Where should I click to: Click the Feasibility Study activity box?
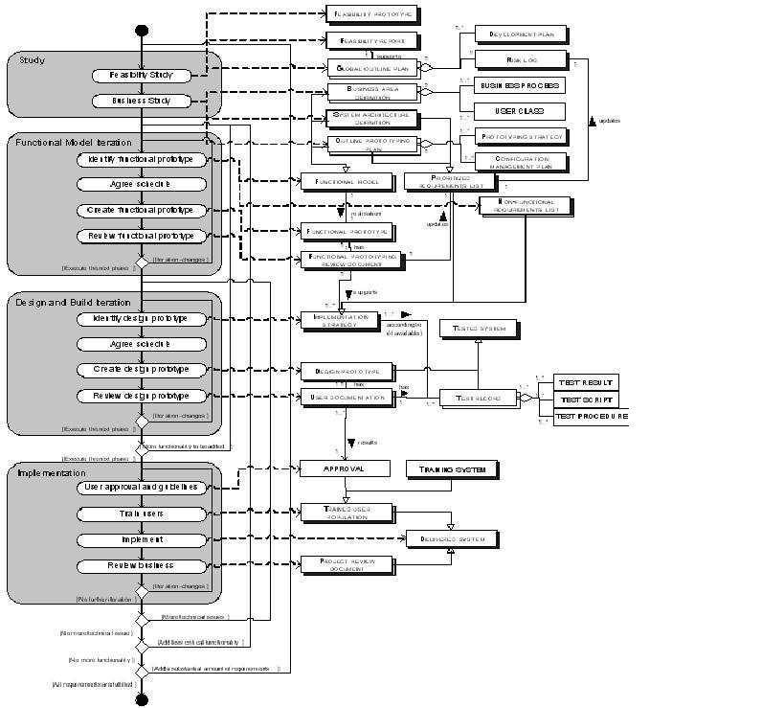[141, 75]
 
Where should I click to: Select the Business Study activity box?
[141, 101]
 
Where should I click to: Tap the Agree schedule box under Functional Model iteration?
[141, 184]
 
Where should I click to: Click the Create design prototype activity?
[141, 370]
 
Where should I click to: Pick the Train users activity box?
[141, 514]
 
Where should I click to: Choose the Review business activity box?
[141, 566]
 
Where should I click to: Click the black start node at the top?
[142, 32]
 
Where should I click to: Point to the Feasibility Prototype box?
[372, 15]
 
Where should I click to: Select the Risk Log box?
[521, 59]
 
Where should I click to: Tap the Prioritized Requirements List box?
[449, 181]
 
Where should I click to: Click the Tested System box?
[479, 329]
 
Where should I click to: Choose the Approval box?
[346, 468]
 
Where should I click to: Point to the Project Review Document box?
[347, 565]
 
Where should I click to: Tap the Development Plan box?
[521, 34]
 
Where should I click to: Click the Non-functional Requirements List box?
[524, 206]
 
